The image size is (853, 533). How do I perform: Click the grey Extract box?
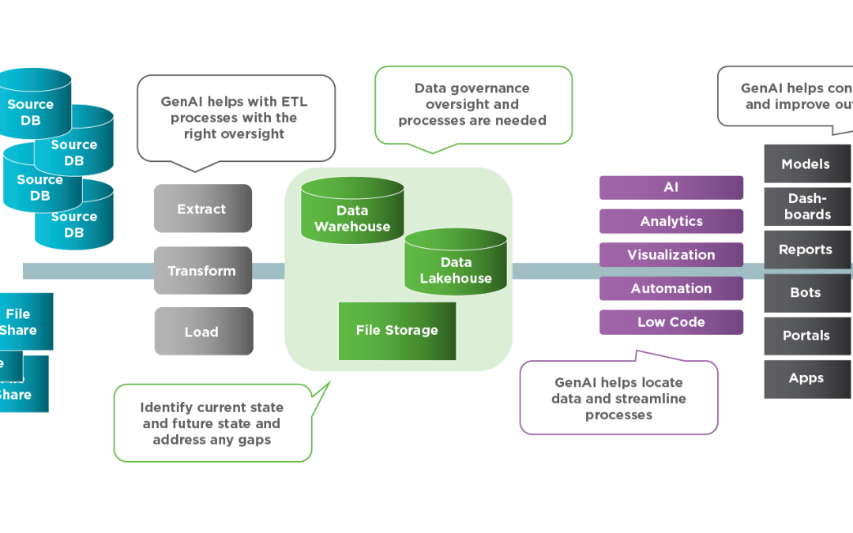(202, 209)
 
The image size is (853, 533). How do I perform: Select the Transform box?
(202, 271)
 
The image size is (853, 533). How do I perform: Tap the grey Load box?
(203, 332)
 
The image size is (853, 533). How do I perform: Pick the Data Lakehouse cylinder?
(456, 264)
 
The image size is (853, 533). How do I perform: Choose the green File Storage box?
(396, 331)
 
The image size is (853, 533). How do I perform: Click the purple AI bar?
(671, 188)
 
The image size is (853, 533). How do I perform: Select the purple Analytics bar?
(671, 222)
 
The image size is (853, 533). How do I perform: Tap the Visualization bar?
(671, 255)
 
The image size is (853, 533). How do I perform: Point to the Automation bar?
(671, 289)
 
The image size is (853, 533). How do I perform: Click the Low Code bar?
(671, 322)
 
